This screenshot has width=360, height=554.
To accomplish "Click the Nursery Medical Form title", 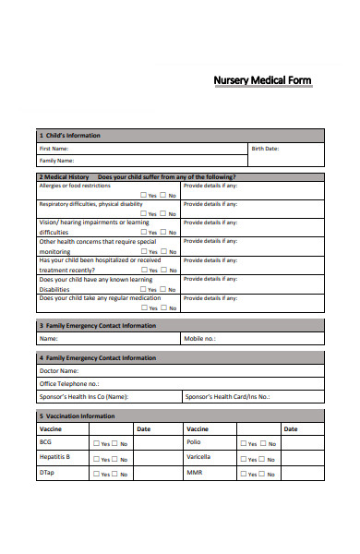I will tap(262, 81).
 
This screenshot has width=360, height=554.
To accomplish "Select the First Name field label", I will tap(53, 148).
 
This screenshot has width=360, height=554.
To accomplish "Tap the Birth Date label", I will tap(265, 148).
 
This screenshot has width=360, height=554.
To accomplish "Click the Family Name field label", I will tap(55, 160).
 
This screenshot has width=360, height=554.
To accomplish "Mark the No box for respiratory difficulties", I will tap(162, 213).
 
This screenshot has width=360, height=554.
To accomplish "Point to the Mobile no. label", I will tap(199, 339).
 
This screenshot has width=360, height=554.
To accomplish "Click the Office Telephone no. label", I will tap(69, 383).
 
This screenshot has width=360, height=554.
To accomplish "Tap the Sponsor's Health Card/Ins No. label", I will tap(227, 397).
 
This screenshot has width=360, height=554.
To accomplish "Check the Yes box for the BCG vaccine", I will tap(96, 443).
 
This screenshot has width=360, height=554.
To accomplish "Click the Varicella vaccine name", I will tap(198, 456).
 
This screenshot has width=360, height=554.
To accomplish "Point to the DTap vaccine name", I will tap(46, 472).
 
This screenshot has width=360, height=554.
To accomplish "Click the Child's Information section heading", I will tap(71, 135).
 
